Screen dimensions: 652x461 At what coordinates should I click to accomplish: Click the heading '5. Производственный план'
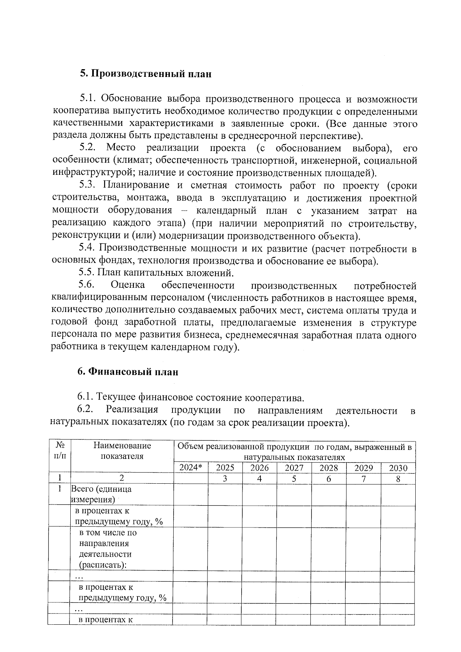click(x=146, y=74)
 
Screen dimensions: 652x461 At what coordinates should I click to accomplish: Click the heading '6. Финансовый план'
click(x=128, y=372)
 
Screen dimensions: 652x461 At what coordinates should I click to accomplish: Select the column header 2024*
click(x=191, y=468)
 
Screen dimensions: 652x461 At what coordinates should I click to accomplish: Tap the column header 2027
click(x=294, y=468)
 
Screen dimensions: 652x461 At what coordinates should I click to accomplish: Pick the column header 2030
click(x=398, y=468)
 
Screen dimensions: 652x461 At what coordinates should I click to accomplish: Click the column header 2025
click(x=225, y=468)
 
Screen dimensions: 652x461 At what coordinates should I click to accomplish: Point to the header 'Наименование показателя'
click(x=122, y=451)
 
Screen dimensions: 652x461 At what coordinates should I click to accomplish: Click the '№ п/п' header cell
click(x=60, y=451)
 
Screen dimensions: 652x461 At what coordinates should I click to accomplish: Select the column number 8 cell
click(x=398, y=479)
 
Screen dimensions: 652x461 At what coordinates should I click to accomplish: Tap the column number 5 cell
click(x=294, y=479)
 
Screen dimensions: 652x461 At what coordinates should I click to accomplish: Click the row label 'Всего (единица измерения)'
click(x=101, y=494)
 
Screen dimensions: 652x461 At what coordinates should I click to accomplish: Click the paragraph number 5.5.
click(x=86, y=273)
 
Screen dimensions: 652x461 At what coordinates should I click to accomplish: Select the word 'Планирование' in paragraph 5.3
click(x=136, y=185)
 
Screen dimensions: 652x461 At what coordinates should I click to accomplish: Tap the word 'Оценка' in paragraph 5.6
click(x=128, y=285)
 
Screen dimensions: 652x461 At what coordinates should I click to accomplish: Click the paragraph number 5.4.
click(x=86, y=249)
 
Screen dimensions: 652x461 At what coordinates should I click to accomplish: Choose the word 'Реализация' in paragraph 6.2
click(x=132, y=411)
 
